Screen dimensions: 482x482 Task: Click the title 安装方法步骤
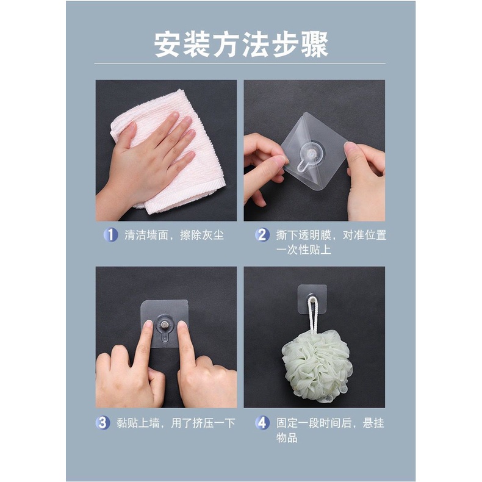pos(242,45)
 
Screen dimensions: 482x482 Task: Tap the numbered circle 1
pos(110,235)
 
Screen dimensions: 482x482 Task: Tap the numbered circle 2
pos(262,235)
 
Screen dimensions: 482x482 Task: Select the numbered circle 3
pos(103,423)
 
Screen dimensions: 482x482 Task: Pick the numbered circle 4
pos(262,423)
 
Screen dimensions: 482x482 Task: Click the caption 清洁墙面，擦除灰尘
pos(174,235)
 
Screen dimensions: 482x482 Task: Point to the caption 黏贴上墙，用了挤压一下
pos(176,423)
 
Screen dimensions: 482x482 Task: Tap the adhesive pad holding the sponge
pos(312,299)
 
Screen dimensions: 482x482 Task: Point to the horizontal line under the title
pos(240,63)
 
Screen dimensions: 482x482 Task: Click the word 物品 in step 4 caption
pos(287,437)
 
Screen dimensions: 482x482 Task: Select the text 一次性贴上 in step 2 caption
pos(303,250)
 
